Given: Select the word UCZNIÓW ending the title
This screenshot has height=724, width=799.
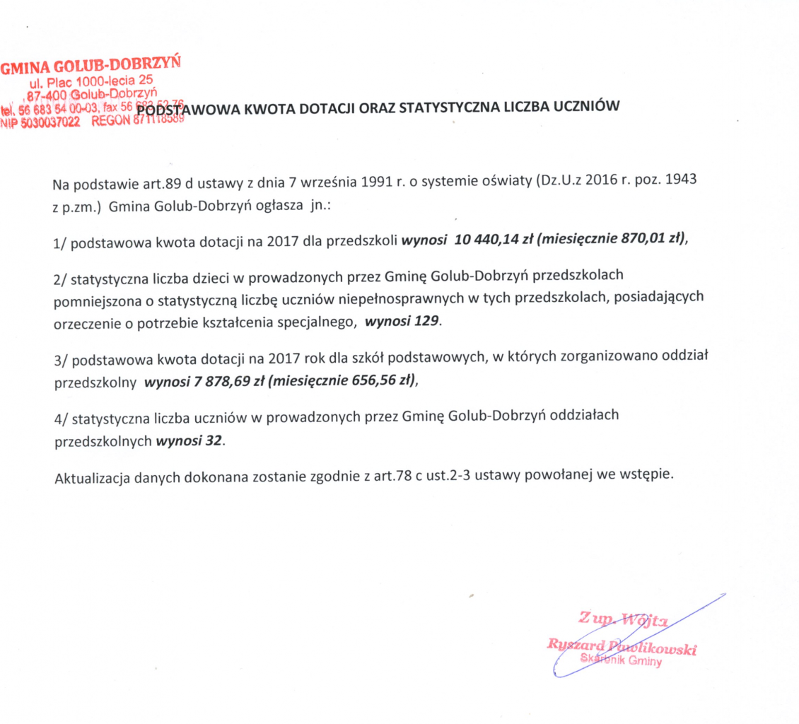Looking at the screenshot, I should pos(588,107).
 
